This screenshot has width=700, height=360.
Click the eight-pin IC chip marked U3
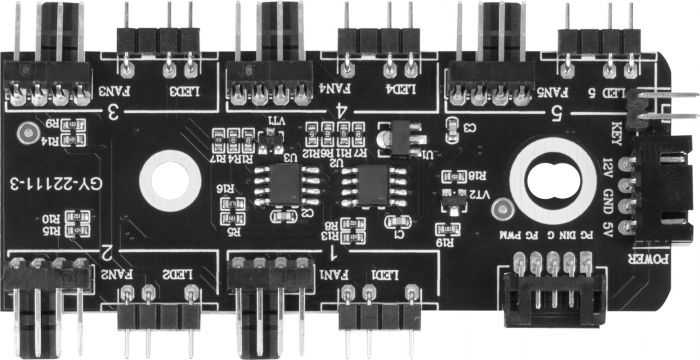[272, 185]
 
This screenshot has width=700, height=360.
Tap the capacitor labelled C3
[452, 126]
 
